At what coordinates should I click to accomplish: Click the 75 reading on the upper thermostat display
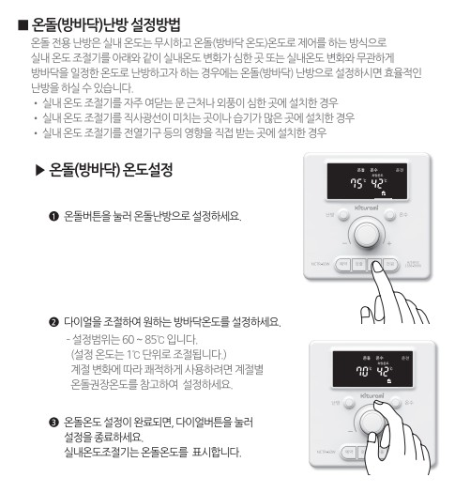[x=356, y=184]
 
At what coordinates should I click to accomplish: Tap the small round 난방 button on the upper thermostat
[x=329, y=234]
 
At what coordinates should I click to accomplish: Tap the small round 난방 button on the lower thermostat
[x=329, y=416]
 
